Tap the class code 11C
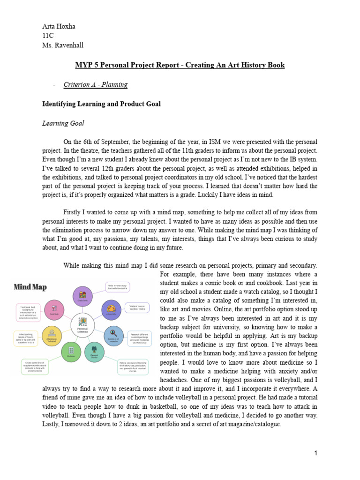coord(48,36)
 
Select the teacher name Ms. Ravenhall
coord(63,45)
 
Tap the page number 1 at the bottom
coord(316,453)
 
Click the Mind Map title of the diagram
coord(30,286)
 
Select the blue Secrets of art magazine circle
coord(113,334)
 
